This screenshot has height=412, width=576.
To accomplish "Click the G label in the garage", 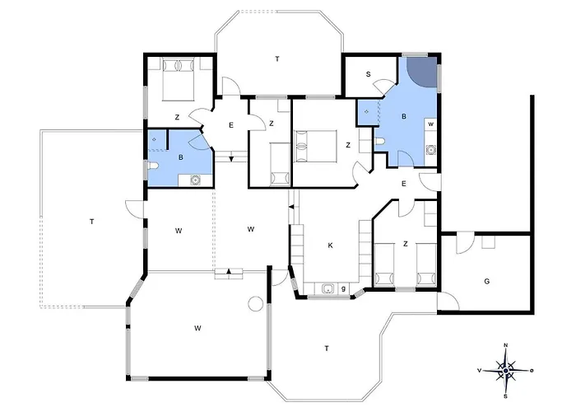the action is point(487,282).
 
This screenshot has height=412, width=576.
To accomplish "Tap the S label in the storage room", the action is point(368,74).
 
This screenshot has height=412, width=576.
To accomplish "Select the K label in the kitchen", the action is point(330,246).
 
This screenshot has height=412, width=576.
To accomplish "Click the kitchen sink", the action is point(327,288).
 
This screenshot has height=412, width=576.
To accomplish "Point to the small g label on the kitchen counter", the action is point(343,288).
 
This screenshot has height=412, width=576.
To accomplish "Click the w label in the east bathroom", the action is point(431,124).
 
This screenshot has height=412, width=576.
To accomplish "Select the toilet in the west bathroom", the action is point(153,166).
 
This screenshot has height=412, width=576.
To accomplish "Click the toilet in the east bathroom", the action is point(380,142).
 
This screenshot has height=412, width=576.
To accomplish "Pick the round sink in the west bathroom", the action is point(195,180).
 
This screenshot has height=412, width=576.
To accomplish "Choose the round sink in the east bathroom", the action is point(430,150).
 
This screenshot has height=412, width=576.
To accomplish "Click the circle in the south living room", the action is point(255,303).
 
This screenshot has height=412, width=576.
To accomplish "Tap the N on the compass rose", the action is point(505,345).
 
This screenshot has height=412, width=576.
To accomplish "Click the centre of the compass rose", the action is point(505,371).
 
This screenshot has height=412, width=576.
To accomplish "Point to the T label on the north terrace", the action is point(277,59).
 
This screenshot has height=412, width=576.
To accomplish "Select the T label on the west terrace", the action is point(92,222).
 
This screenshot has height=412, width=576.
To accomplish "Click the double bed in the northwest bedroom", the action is point(179,79).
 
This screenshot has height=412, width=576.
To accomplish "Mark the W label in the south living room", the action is point(197,328).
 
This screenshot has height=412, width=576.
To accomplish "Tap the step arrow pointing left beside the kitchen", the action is point(291,207).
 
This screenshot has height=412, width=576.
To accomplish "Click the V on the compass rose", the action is point(480,371).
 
